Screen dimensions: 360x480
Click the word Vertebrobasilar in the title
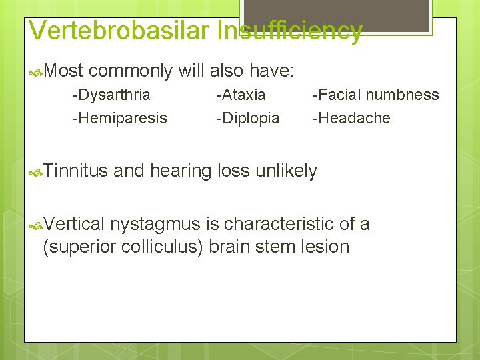[x=122, y=31]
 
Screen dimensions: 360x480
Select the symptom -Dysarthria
[x=111, y=95]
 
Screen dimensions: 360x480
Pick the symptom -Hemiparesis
[x=120, y=118]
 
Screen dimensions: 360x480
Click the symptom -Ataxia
[x=241, y=95]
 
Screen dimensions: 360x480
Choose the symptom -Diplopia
[x=248, y=118]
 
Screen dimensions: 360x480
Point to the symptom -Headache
[x=352, y=118]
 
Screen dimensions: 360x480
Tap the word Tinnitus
[x=77, y=171]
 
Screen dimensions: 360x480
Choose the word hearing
[x=181, y=171]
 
